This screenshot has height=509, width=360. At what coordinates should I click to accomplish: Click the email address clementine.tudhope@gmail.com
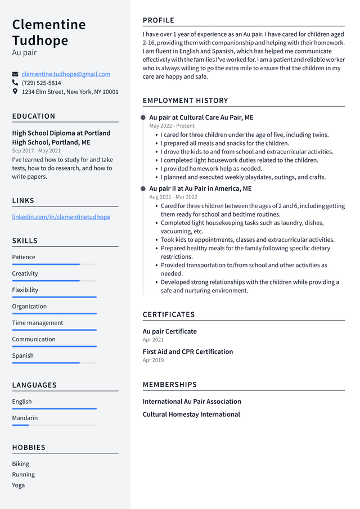[x=66, y=74]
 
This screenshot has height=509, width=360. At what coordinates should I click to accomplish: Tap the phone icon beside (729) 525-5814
[x=15, y=83]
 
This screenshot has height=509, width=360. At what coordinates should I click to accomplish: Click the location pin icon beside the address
[x=15, y=91]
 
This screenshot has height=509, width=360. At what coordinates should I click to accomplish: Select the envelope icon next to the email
[x=15, y=74]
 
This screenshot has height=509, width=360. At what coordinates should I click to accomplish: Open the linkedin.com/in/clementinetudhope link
[x=61, y=217]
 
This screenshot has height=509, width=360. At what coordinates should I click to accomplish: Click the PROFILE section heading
[x=159, y=21]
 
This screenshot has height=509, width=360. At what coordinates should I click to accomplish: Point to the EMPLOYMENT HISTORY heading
[x=185, y=101]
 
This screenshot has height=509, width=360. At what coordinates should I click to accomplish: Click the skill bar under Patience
[x=54, y=264]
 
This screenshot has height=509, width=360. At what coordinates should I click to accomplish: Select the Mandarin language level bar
[x=54, y=425]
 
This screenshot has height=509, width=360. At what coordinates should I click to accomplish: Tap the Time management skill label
[x=38, y=323]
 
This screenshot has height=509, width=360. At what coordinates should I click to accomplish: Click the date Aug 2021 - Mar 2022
[x=173, y=197]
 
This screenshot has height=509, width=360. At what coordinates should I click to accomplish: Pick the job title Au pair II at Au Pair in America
[x=200, y=188]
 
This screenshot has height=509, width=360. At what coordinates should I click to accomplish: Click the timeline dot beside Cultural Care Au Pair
[x=143, y=118]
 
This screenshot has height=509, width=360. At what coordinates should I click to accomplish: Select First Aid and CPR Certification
[x=187, y=352]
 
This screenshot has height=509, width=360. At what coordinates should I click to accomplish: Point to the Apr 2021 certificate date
[x=153, y=340]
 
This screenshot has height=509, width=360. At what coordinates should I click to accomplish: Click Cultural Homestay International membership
[x=191, y=415]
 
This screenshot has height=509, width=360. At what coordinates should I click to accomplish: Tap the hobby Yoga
[x=19, y=485]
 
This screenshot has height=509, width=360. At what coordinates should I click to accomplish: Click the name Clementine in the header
[x=49, y=25]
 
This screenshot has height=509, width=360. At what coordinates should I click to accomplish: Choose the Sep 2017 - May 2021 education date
[x=37, y=151]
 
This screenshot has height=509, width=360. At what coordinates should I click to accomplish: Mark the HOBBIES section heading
[x=29, y=448]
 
